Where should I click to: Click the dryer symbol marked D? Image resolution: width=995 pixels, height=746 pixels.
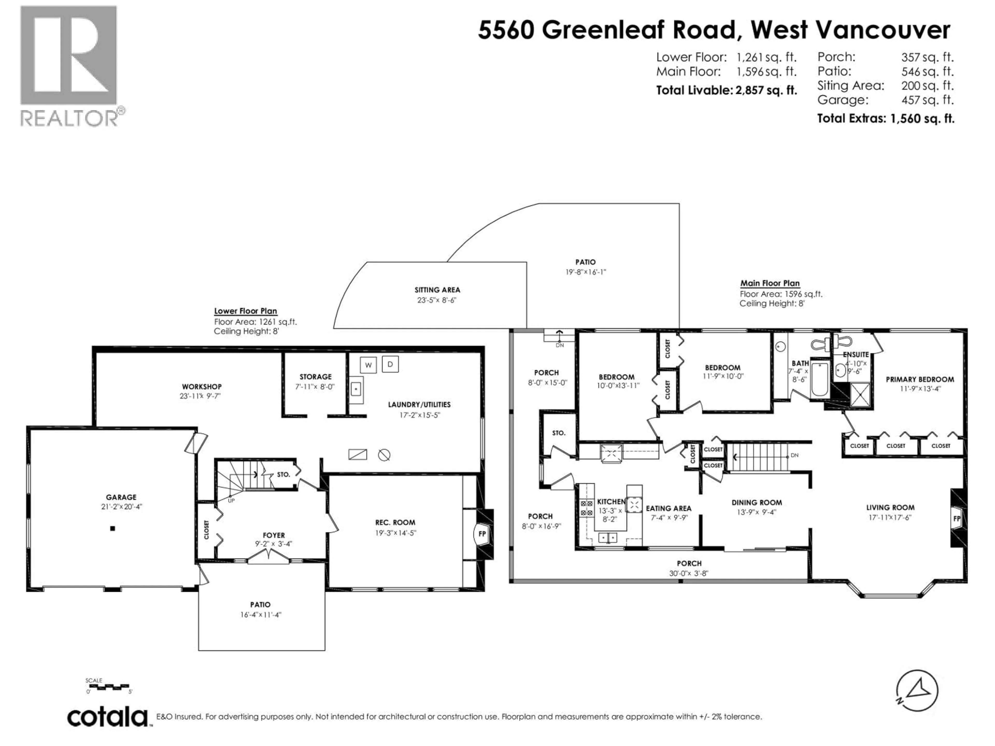[x=390, y=364]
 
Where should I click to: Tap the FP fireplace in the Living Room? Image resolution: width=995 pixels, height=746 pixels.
[x=956, y=519]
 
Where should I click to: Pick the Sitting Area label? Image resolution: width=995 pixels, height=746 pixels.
[x=437, y=290]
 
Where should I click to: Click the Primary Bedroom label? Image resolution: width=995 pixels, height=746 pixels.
[x=920, y=379]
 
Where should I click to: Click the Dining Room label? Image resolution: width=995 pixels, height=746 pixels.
[x=757, y=502]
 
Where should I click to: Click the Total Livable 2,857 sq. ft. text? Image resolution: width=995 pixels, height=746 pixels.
[x=726, y=90]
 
